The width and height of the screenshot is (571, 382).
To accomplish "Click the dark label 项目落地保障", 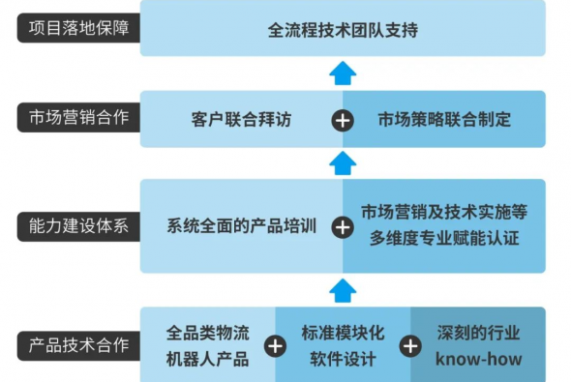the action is coord(78,28).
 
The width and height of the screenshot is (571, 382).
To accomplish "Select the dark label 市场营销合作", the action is coord(78,118).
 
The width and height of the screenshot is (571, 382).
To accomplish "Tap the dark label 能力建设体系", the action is coord(78,226).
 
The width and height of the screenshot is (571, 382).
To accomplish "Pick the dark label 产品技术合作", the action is coord(78,345).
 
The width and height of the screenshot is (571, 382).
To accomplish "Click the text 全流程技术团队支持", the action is coord(343,30).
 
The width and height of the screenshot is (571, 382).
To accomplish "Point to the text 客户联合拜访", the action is coord(241,119).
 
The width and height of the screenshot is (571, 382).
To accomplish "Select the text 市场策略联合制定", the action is coord(444,119).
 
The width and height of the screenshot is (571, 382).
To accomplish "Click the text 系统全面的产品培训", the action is coord(241,226).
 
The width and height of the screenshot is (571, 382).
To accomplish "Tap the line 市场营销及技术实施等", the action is coord(444,212).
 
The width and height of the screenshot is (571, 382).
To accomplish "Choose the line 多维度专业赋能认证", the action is coord(444,239).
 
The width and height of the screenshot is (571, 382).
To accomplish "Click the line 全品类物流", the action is coord(207,333).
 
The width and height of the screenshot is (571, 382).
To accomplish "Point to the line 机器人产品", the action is coord(207,360).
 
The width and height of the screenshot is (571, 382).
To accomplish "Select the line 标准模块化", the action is coord(343,333).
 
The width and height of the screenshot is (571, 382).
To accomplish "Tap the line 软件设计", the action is coord(343,360).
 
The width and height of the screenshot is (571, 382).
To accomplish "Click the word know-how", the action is coord(478,359).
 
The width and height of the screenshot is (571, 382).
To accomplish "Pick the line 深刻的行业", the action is coord(478,333).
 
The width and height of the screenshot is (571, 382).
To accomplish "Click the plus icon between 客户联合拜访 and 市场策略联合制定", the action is coord(343,121).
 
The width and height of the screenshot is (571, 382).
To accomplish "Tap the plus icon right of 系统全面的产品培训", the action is coord(343,227).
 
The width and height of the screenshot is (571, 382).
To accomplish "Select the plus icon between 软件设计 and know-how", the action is coord(410,346).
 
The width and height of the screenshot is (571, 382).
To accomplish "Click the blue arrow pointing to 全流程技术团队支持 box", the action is coord(343,73).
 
